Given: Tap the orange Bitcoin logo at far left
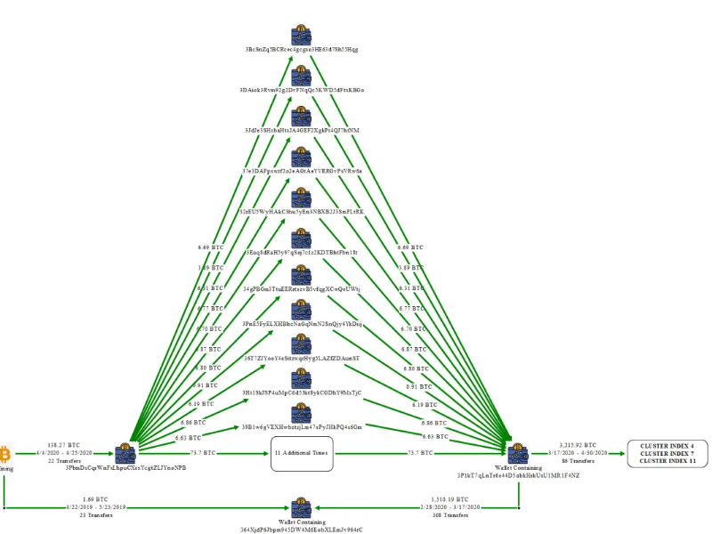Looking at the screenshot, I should coord(4,451).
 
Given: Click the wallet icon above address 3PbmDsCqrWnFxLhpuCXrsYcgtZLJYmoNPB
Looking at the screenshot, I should coord(125,451).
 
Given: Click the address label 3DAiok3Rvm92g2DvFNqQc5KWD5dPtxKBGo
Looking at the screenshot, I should coord(302,90).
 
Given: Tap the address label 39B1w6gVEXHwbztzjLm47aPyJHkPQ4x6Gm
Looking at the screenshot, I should coord(302,427).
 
